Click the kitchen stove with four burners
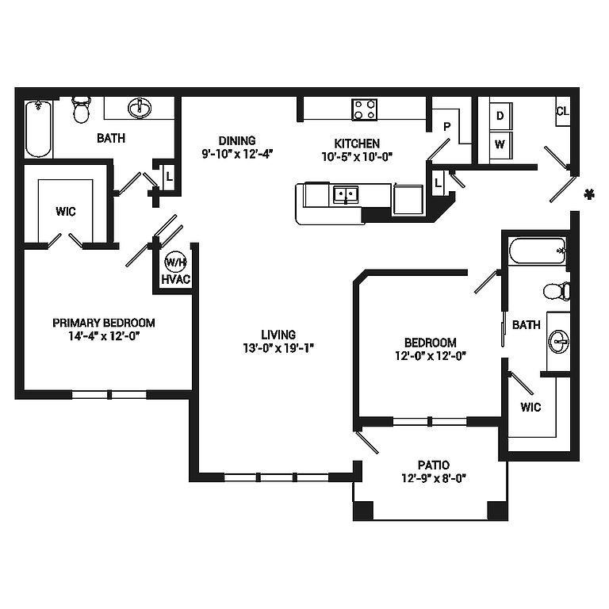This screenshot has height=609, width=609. (364, 109)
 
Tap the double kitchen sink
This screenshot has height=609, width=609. (346, 194)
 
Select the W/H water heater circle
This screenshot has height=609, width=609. (175, 262)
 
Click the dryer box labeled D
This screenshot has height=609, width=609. (500, 116)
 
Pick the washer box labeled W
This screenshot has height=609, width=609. (500, 145)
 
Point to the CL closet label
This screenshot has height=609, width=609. (563, 112)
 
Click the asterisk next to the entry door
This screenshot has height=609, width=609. (590, 194)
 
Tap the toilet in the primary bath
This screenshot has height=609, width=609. (81, 109)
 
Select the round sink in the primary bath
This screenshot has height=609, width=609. (140, 108)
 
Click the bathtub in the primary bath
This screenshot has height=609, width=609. (38, 128)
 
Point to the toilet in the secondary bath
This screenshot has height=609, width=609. (557, 291)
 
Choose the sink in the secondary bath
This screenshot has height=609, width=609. (559, 342)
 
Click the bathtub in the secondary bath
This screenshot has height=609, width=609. (538, 251)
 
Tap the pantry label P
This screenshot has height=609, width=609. (447, 127)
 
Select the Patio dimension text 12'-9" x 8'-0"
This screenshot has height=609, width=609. (434, 478)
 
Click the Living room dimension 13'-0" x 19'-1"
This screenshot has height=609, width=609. (278, 348)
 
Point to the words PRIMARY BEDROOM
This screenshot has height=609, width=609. (104, 323)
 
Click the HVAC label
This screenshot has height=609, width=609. (176, 280)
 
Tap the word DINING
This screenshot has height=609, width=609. (237, 140)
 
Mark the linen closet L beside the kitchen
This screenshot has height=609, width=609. (438, 182)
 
